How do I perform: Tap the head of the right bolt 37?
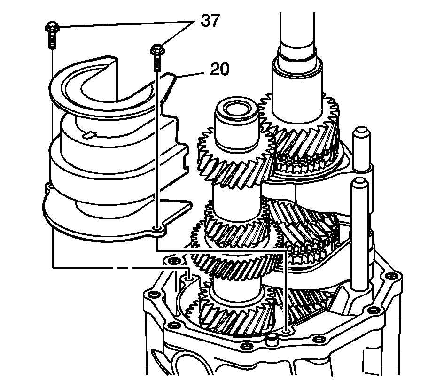pyautogui.click(x=156, y=49)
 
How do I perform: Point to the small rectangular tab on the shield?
pyautogui.click(x=91, y=135)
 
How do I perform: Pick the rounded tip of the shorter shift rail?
pyautogui.click(x=360, y=182)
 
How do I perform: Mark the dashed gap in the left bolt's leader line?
pyautogui.click(x=118, y=268)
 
